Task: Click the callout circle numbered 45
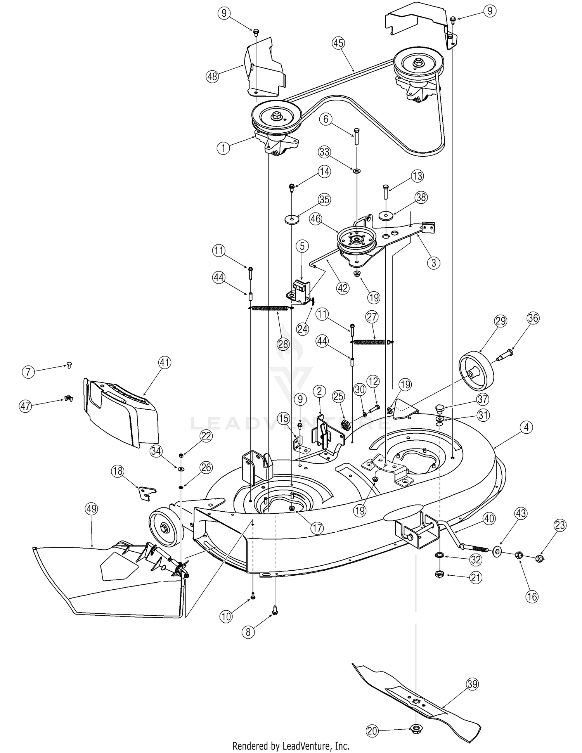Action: [x=338, y=43]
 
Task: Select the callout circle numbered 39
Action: [x=472, y=684]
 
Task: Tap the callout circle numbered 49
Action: [x=91, y=509]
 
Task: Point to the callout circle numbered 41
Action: [x=165, y=363]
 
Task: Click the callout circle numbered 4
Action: [x=526, y=428]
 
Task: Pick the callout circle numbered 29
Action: [x=500, y=321]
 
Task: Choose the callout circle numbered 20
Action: [x=372, y=731]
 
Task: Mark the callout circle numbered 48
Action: [x=212, y=76]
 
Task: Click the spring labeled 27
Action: [x=372, y=342]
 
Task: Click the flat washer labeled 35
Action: [x=292, y=219]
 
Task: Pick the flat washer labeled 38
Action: [x=385, y=215]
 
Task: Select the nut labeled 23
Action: [x=539, y=559]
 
